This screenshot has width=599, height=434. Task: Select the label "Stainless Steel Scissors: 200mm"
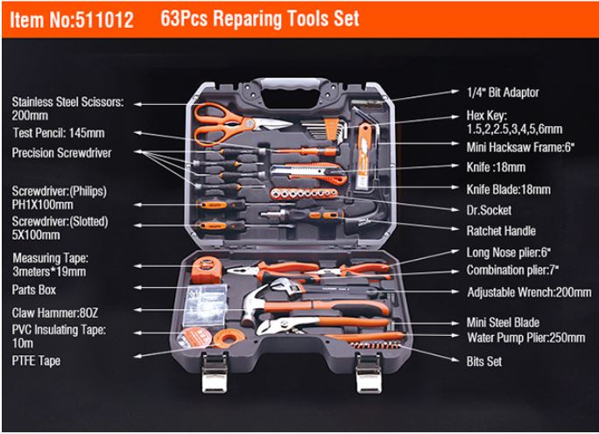click(67, 108)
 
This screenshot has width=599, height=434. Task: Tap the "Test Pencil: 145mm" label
click(58, 134)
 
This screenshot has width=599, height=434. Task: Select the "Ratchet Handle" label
click(500, 230)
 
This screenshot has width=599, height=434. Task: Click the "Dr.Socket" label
click(490, 210)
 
